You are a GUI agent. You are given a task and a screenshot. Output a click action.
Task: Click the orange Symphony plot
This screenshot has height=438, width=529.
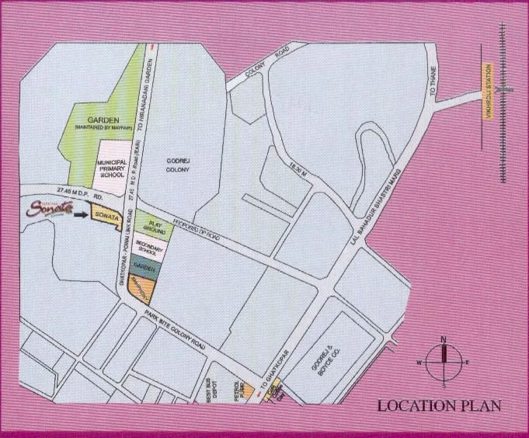pos(143,287)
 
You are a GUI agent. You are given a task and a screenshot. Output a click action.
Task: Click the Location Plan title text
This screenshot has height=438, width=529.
pos(438,405)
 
